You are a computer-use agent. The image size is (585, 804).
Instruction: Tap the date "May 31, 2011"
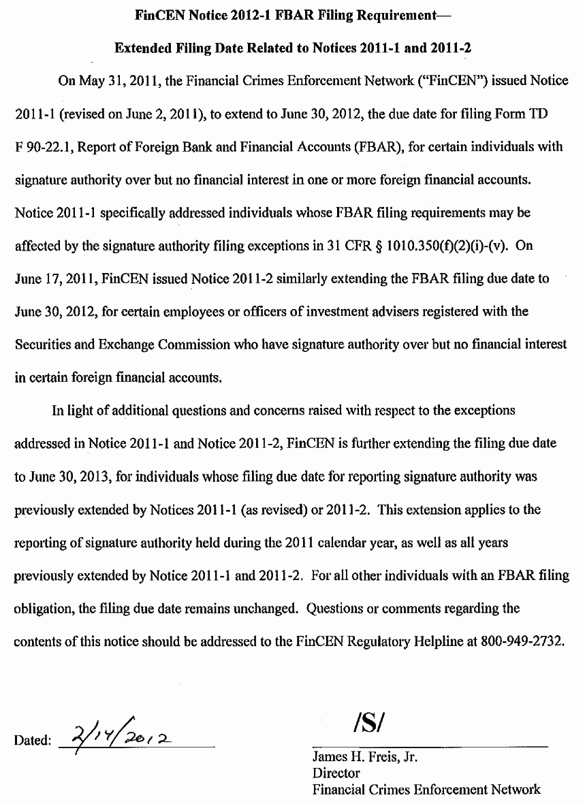coord(120,81)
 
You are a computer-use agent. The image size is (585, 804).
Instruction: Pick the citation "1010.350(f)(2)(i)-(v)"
coord(439,246)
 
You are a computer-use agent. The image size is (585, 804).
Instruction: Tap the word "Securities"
coord(43,344)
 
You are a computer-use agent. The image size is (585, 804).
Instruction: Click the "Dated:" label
coord(32,741)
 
